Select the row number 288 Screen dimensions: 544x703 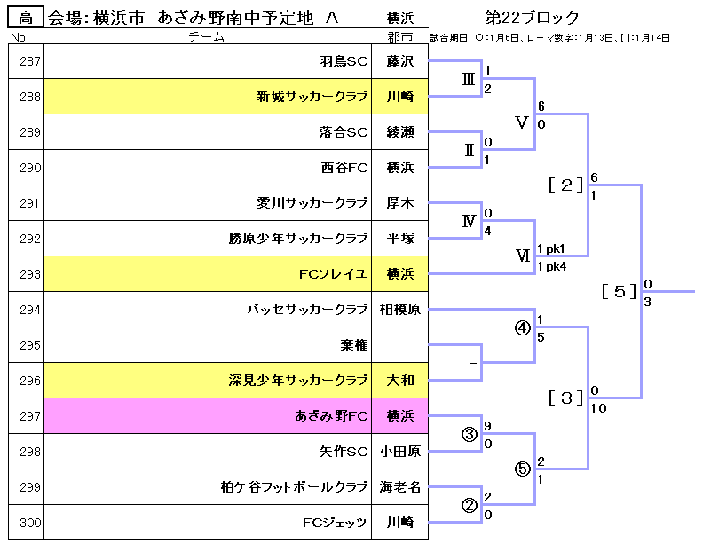pyautogui.click(x=30, y=97)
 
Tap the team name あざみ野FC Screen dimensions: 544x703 pyautogui.click(x=331, y=416)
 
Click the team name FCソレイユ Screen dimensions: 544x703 pyautogui.click(x=334, y=274)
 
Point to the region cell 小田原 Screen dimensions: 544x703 pyautogui.click(x=400, y=452)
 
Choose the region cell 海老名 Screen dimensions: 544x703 pyautogui.click(x=400, y=487)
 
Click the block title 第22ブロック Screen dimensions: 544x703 pyautogui.click(x=533, y=17)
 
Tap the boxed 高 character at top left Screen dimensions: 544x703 pyautogui.click(x=26, y=17)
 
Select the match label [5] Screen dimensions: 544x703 pyautogui.click(x=619, y=291)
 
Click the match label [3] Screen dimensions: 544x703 pyautogui.click(x=565, y=397)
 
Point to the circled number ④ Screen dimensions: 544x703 pyautogui.click(x=522, y=327)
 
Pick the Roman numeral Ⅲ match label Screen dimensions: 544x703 pyautogui.click(x=470, y=79)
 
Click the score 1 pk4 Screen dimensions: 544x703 pyautogui.click(x=551, y=265)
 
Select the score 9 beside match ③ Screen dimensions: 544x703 pyautogui.click(x=487, y=425)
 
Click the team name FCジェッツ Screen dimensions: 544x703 pyautogui.click(x=335, y=523)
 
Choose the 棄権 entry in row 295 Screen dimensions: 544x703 pyautogui.click(x=353, y=345)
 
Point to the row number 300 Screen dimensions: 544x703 pyautogui.click(x=30, y=523)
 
